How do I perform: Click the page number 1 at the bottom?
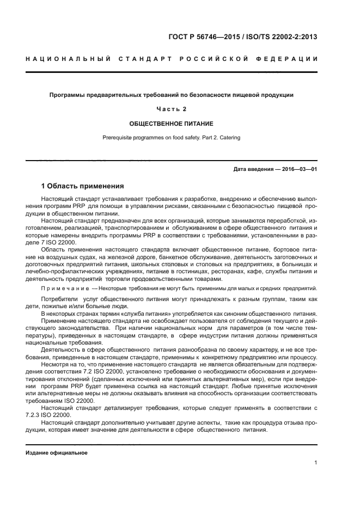coord(315,463)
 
